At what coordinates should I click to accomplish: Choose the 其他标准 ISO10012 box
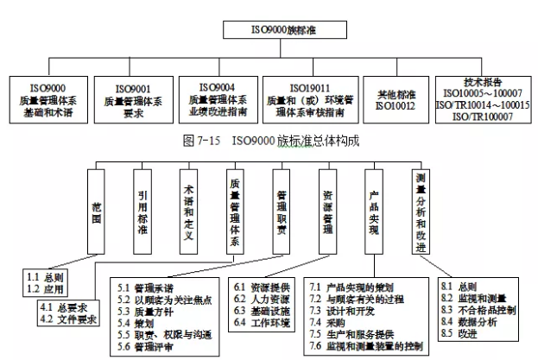point(396,99)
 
